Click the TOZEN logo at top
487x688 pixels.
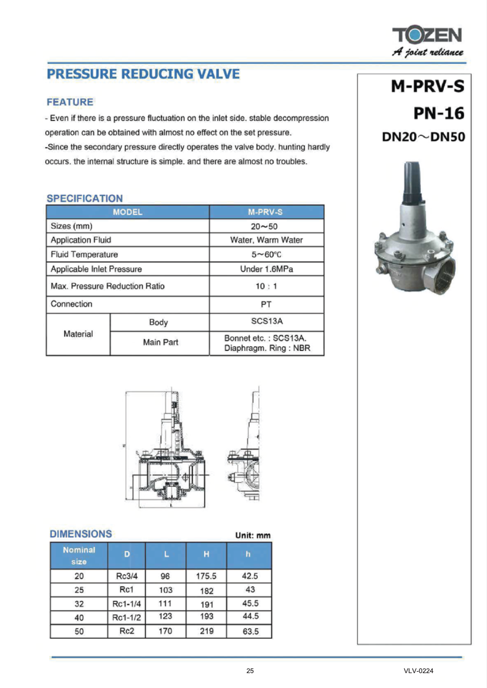coord(427,36)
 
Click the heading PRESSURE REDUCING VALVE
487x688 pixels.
coord(143,74)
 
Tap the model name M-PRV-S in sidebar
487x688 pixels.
coord(427,86)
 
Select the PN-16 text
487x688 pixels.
coord(438,113)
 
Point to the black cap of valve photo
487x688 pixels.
coord(413,182)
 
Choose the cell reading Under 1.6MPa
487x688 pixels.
coord(266,269)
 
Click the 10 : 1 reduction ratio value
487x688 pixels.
coord(266,286)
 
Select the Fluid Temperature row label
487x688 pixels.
coord(84,254)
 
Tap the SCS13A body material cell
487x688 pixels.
coord(266,321)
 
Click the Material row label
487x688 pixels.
coord(78,334)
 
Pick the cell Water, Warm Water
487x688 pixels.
coord(266,240)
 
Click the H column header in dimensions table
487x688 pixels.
coord(206,554)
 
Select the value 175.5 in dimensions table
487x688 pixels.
coord(206,576)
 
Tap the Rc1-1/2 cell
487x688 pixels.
coord(126,618)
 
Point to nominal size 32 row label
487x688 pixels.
coord(79,604)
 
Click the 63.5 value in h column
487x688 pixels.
coord(250,632)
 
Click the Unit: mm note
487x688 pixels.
coord(252,535)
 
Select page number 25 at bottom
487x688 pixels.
coord(250,671)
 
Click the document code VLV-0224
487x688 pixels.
coord(418,671)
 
